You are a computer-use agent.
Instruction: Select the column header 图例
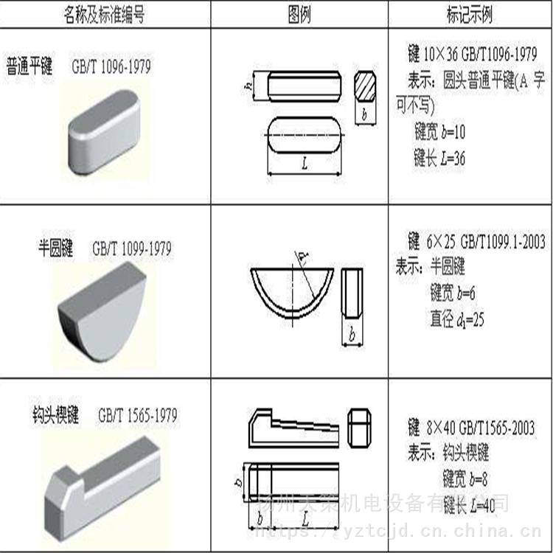click(x=299, y=15)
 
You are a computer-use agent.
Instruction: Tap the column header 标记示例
click(x=470, y=15)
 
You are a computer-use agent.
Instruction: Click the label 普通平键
click(x=30, y=66)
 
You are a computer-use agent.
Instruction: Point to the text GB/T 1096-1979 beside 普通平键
click(x=111, y=66)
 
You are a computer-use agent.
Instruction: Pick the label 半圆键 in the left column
click(x=56, y=248)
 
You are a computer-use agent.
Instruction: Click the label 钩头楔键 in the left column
click(x=52, y=414)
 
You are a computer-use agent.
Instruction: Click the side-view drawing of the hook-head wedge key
click(x=293, y=427)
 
